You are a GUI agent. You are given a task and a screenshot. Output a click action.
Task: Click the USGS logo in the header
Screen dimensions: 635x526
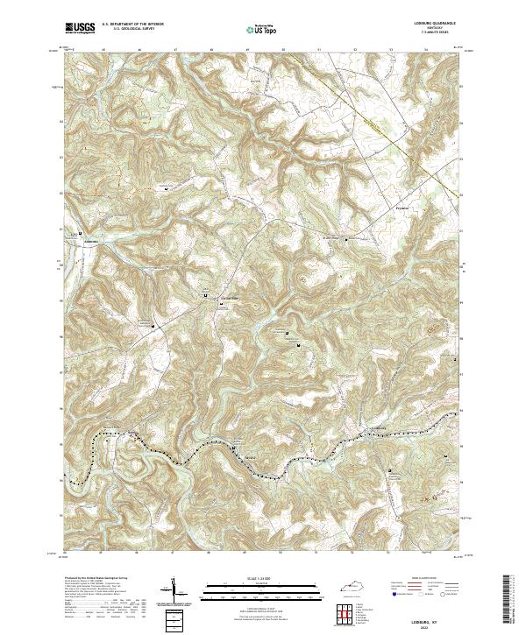click(80, 28)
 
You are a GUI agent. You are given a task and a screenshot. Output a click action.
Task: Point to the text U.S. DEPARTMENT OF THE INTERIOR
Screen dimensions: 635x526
click(132, 24)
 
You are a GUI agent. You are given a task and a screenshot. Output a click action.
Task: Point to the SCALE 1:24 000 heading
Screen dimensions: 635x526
click(262, 579)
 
